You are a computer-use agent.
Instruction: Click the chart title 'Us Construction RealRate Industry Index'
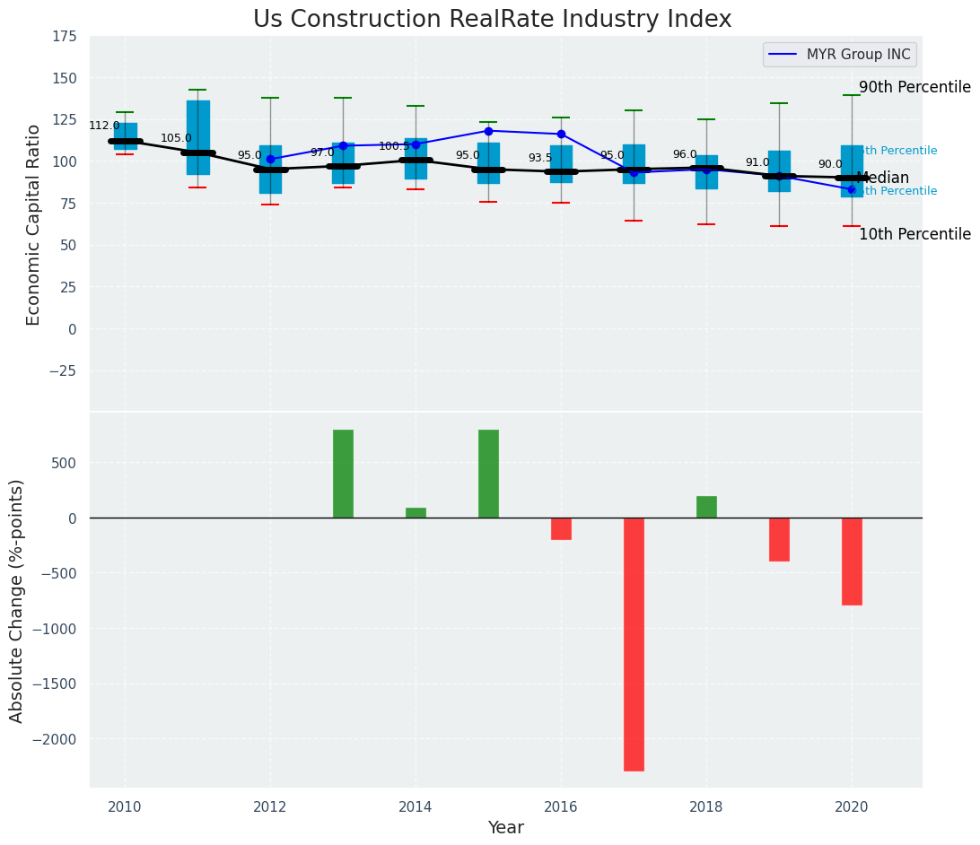(492, 20)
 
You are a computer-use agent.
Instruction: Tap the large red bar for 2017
(634, 644)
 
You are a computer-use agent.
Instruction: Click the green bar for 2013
(343, 474)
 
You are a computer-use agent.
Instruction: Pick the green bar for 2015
(488, 474)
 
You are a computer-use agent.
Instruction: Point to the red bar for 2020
(852, 562)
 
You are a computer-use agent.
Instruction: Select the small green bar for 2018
(706, 507)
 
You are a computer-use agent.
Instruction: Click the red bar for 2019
(779, 539)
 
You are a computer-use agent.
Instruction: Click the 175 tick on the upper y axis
(64, 37)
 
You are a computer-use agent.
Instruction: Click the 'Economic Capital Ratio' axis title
(34, 224)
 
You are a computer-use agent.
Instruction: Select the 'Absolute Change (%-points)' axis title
(17, 600)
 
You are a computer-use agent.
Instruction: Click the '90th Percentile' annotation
(914, 87)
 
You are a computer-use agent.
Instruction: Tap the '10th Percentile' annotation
(914, 234)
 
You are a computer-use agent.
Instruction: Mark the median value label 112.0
(104, 126)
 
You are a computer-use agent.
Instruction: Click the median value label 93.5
(540, 158)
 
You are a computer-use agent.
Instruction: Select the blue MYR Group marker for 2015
(488, 131)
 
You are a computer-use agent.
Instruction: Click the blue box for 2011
(198, 137)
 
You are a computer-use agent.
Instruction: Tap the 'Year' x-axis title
(506, 828)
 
